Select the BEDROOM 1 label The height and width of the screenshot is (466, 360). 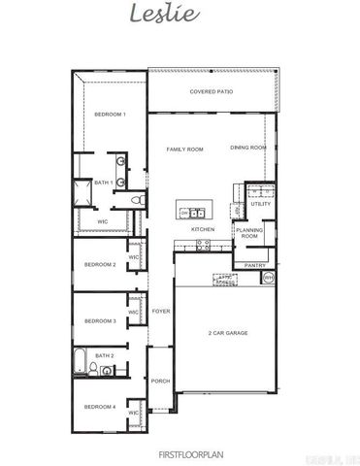point(110,116)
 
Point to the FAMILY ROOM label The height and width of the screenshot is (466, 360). point(184,149)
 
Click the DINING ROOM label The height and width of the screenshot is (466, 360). point(247,147)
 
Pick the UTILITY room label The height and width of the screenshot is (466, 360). point(260,204)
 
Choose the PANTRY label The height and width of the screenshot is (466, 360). point(255,264)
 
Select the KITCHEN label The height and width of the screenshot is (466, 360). point(202,229)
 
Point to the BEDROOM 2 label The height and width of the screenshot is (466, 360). point(100,264)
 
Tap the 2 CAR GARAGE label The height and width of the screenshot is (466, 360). point(227,333)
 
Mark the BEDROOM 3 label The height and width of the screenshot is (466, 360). point(100,320)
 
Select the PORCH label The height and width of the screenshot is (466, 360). point(160,382)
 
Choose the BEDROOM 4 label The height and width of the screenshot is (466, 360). point(100,406)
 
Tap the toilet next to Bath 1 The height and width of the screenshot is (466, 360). point(139,199)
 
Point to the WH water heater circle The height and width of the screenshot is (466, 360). point(269,278)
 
